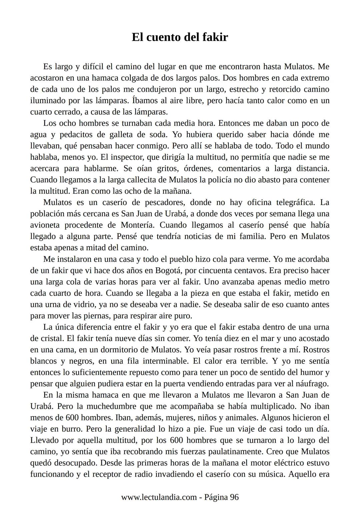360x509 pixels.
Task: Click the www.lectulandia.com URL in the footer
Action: [159, 497]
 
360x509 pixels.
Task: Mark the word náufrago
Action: [313, 384]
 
